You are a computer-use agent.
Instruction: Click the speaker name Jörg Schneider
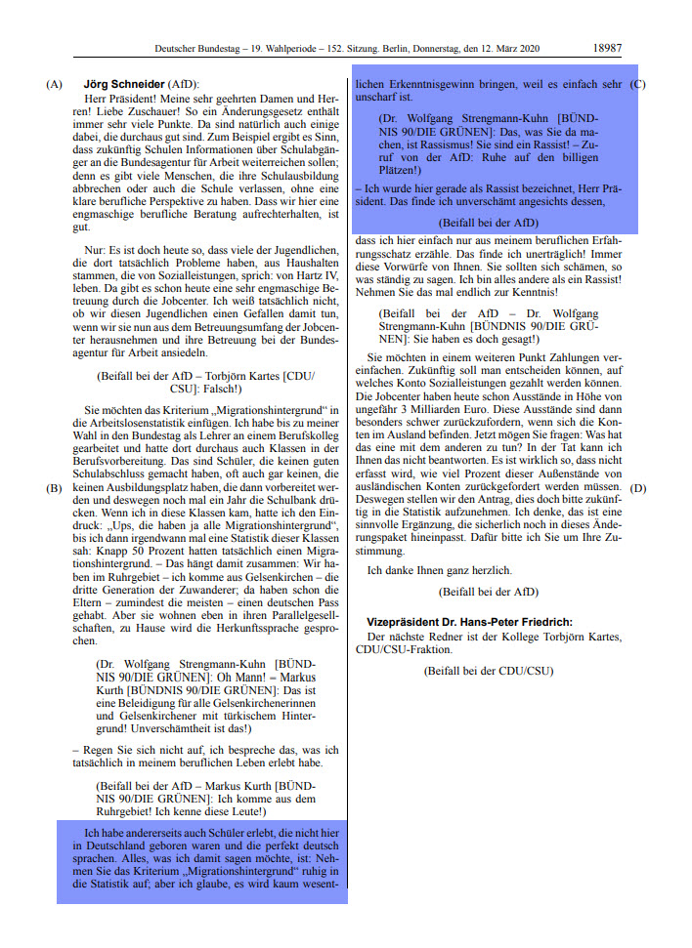[124, 84]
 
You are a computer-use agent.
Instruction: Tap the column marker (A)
[54, 84]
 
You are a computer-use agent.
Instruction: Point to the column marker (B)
[54, 487]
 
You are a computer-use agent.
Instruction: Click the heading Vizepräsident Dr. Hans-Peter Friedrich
[469, 622]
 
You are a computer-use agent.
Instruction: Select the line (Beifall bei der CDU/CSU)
[488, 671]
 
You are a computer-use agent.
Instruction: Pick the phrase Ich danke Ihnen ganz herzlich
[439, 570]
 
